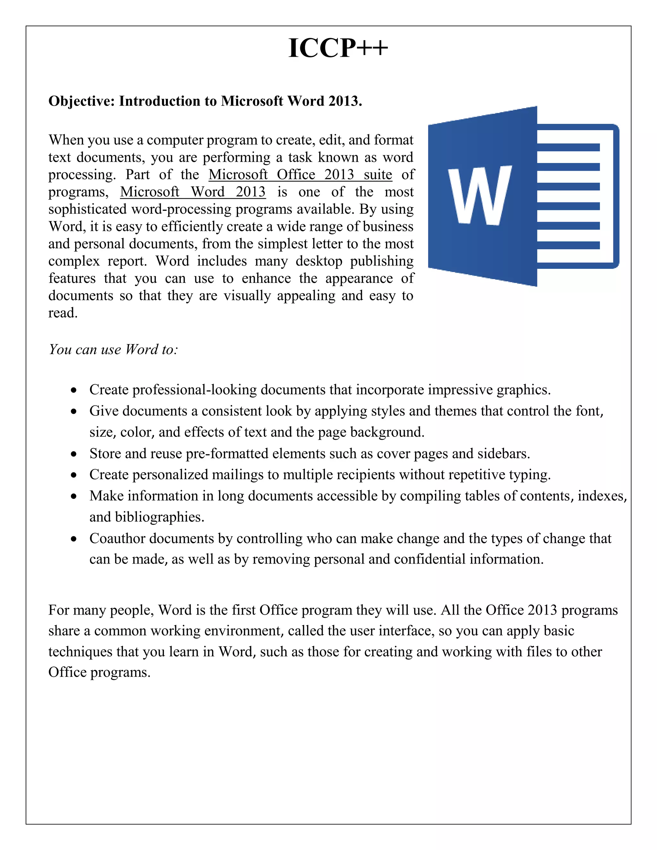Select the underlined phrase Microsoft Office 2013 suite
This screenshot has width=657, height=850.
(300, 175)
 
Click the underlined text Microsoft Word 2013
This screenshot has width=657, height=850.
(193, 192)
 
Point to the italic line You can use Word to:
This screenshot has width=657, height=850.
(113, 350)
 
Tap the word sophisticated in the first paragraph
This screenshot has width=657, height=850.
(88, 209)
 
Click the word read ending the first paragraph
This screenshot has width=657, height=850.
(62, 313)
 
